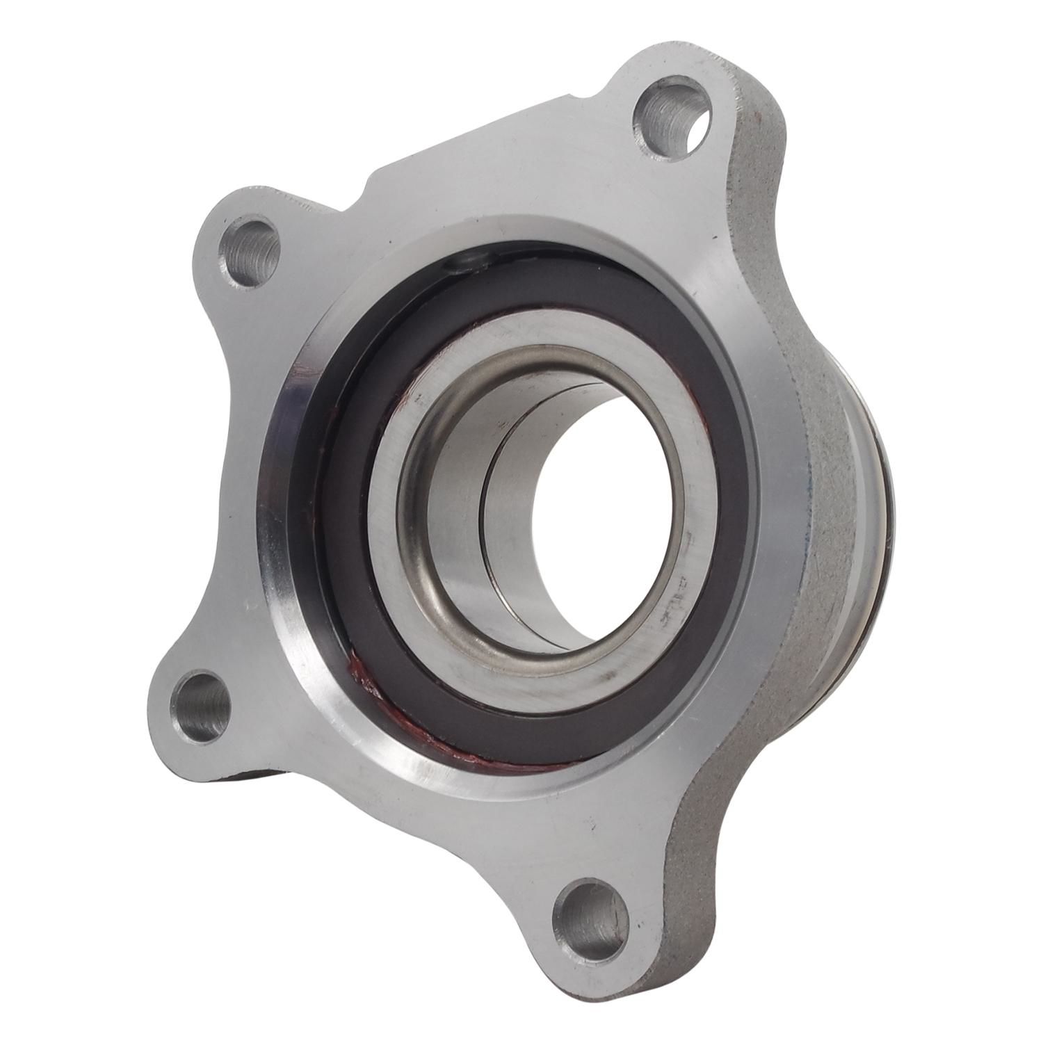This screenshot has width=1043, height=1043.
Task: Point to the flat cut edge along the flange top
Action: [x=487, y=125]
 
